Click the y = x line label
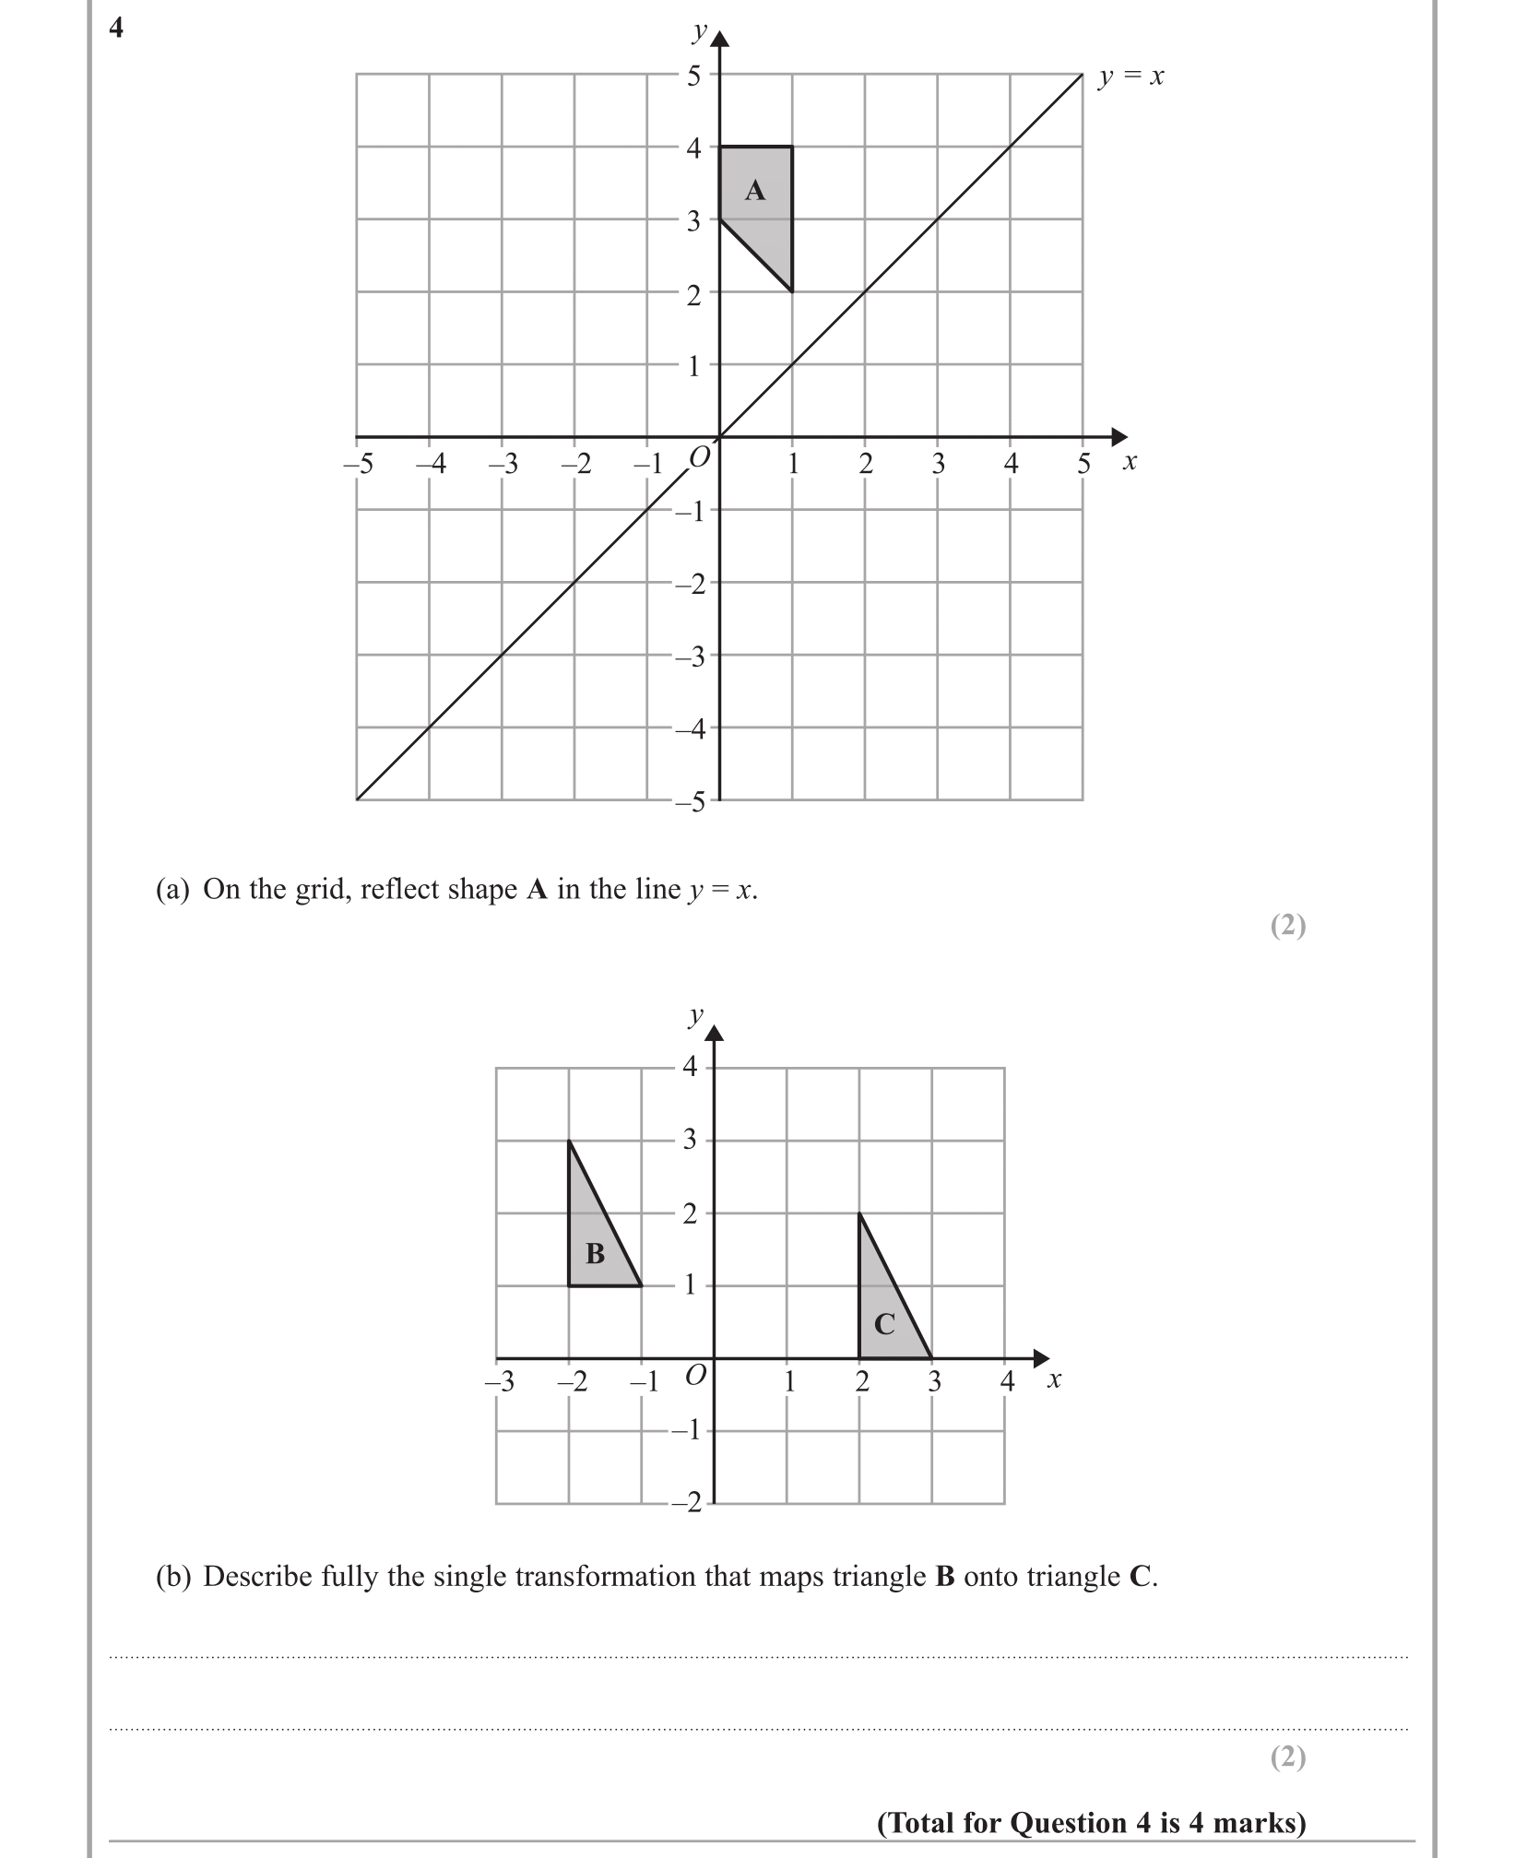point(1130,77)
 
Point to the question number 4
point(115,29)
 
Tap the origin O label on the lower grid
point(696,1375)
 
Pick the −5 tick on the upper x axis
point(358,464)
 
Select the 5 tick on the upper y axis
point(693,76)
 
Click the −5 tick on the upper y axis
point(690,802)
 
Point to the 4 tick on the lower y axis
point(691,1067)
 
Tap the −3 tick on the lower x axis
point(500,1381)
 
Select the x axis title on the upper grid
point(1130,461)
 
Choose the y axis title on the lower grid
point(696,1016)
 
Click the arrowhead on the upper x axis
point(1119,436)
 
